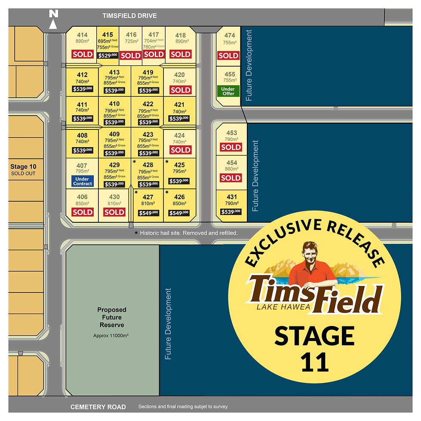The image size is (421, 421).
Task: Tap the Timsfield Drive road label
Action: [x=129, y=16]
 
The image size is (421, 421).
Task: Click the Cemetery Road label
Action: [x=98, y=407]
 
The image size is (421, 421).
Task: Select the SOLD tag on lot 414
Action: [x=82, y=54]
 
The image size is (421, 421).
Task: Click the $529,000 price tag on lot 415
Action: [x=108, y=55]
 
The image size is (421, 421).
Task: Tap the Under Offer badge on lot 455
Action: [x=228, y=91]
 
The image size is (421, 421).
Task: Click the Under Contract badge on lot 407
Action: [x=82, y=181]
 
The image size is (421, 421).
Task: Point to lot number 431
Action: [x=231, y=197]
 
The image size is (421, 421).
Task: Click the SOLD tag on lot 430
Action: [x=114, y=212]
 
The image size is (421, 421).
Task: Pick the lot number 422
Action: [x=148, y=104]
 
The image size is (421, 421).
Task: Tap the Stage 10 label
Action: [x=24, y=167]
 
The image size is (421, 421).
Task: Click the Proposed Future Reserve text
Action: [x=111, y=317]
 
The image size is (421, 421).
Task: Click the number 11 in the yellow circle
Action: [x=314, y=363]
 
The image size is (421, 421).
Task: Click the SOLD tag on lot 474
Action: [x=228, y=55]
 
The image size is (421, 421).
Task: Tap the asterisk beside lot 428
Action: [x=134, y=162]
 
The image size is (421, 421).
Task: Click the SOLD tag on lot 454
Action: [x=231, y=178]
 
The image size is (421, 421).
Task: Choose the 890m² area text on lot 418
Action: [x=181, y=41]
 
